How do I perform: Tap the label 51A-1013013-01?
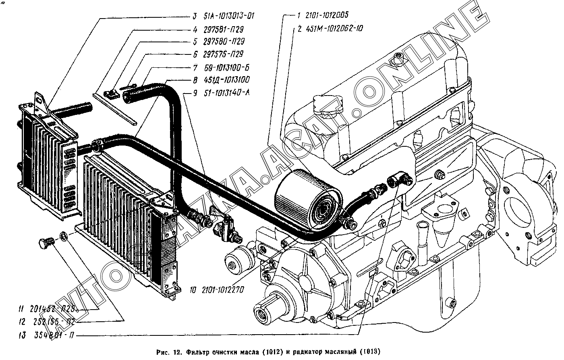point(228,16)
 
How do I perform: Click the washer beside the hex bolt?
point(63,235)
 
